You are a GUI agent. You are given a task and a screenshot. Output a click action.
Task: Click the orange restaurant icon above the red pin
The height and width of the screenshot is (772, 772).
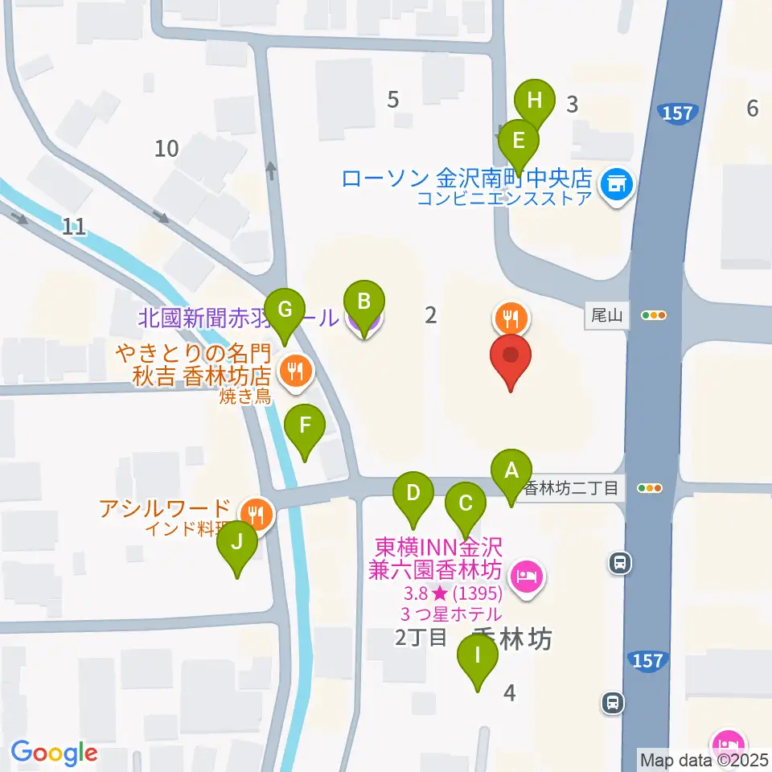(510, 318)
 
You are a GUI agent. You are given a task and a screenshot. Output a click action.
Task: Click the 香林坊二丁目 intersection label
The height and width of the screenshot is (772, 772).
(572, 487)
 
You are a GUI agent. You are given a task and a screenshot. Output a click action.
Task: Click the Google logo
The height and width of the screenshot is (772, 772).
(54, 753)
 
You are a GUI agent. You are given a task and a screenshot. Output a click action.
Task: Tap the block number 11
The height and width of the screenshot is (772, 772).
(73, 227)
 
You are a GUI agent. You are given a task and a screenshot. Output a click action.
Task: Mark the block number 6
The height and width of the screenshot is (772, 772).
(752, 108)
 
